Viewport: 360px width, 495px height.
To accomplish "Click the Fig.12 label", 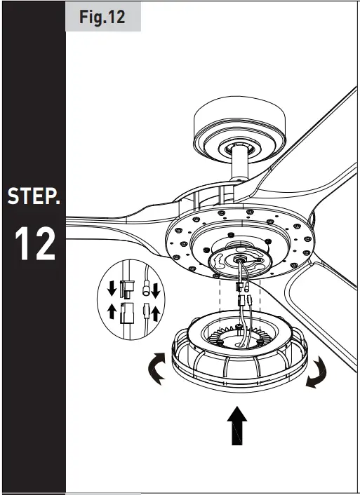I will [102, 17].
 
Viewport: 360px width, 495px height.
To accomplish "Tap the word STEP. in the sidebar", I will [33, 196].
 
